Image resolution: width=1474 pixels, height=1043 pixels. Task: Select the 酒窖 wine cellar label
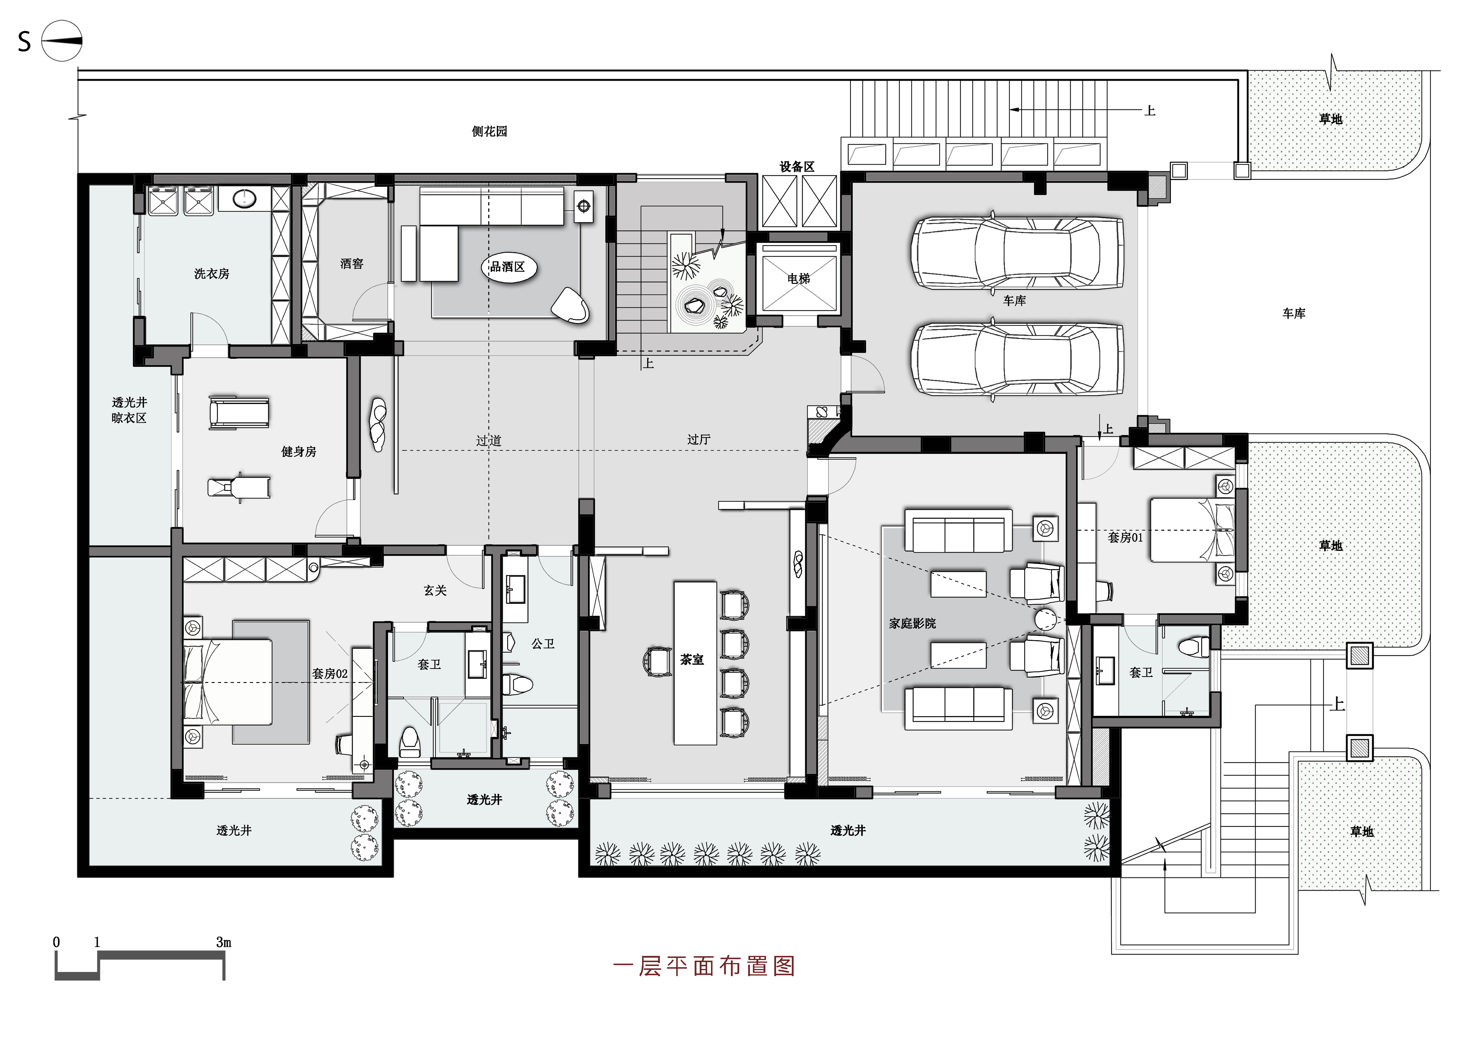[352, 264]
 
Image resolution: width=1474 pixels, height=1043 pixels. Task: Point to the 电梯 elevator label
[799, 279]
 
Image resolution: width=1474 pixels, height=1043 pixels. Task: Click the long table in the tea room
[695, 663]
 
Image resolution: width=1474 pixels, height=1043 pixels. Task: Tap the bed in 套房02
[228, 682]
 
